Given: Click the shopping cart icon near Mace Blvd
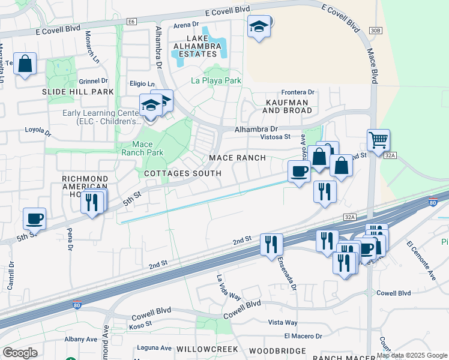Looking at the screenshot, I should point(378,141).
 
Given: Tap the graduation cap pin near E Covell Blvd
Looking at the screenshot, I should point(259,27).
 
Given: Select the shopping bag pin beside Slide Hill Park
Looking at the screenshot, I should point(25,64).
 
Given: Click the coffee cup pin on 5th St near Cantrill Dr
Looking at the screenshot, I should point(35,218).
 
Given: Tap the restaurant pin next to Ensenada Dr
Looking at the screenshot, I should point(271,244).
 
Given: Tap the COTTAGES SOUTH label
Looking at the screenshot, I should point(183,173).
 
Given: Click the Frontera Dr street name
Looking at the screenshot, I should point(298,92).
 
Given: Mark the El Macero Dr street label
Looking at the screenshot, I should point(303,336).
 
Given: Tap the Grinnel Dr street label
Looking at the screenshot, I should point(93,80).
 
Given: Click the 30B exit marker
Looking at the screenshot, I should point(376,29).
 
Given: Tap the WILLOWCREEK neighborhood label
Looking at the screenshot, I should point(207,349).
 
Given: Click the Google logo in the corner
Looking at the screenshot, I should point(20,352).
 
